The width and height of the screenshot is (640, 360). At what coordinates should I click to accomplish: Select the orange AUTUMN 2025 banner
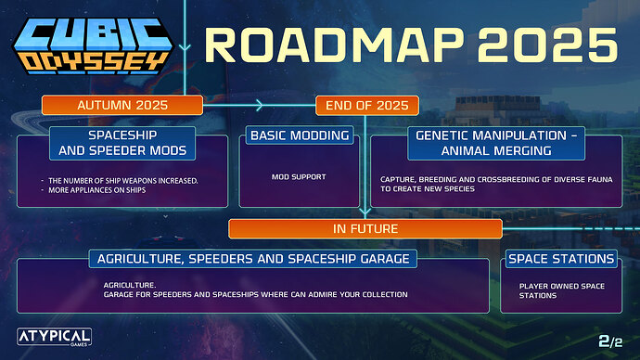(122, 104)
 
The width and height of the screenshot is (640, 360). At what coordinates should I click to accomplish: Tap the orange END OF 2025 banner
(368, 104)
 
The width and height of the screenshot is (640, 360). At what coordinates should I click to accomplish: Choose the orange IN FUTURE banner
(365, 227)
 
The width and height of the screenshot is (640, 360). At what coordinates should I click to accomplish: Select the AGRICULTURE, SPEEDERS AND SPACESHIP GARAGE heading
(251, 258)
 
